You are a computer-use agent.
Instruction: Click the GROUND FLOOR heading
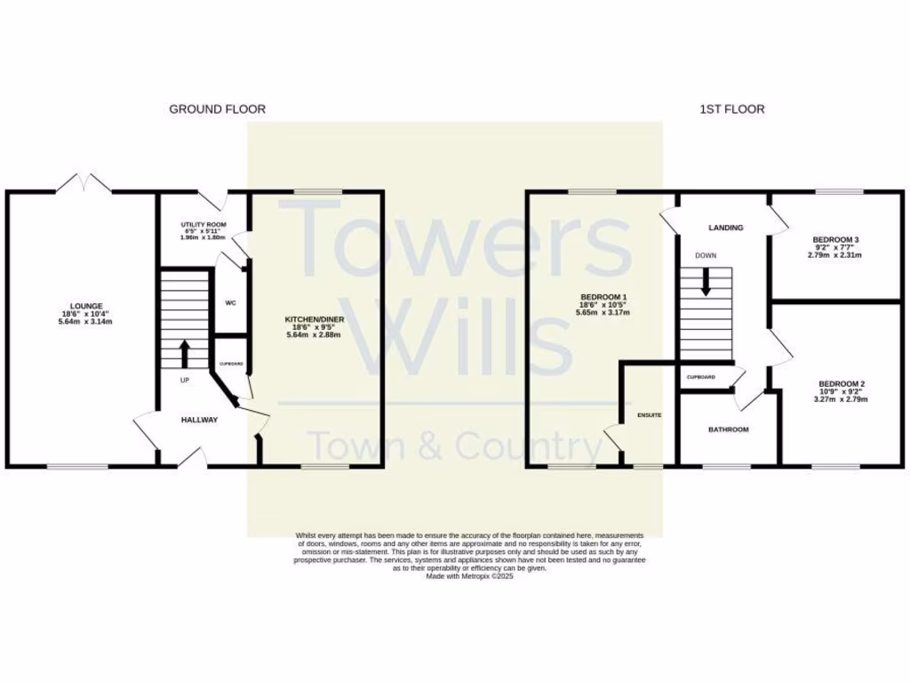point(217,109)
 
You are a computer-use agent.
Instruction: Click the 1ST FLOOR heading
point(731,109)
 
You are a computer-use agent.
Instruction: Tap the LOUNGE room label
point(81,306)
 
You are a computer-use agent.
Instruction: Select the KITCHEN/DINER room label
point(314,319)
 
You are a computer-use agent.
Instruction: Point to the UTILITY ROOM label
point(204,224)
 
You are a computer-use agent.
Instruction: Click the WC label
point(230,303)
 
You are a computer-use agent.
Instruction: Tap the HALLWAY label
point(199,420)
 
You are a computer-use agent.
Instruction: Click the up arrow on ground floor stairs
point(185,352)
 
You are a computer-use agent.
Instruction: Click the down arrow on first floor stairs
point(706,283)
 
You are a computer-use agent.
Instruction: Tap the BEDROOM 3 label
point(834,240)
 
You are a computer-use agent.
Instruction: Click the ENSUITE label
point(650,415)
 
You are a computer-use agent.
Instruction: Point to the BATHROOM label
point(728,430)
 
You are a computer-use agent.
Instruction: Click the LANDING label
point(725,228)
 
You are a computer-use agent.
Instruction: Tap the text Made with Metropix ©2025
point(470,576)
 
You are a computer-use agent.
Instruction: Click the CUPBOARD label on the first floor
point(700,377)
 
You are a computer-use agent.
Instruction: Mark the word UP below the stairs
point(185,381)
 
